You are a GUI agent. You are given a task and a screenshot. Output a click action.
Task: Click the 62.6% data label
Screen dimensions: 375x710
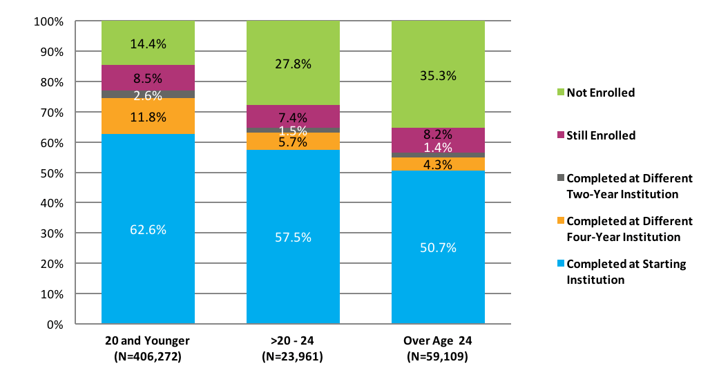[x=148, y=230]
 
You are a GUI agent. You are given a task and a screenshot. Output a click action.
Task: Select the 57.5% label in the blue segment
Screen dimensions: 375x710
[x=293, y=237]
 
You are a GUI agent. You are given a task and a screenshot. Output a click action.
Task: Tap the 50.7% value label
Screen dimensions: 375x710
[x=438, y=247]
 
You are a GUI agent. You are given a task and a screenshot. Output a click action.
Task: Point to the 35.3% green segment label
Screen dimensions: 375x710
[x=438, y=76]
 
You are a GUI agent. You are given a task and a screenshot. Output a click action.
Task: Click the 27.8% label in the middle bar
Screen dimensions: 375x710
[x=293, y=64]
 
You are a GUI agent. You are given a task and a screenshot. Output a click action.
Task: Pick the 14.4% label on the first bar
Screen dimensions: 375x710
[x=148, y=44]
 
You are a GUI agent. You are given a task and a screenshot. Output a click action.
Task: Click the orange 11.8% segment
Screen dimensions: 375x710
[x=148, y=117]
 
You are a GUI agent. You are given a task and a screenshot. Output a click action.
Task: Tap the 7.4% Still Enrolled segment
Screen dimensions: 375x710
[x=293, y=117]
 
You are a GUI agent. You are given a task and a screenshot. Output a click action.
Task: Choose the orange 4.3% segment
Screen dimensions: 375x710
[x=438, y=165]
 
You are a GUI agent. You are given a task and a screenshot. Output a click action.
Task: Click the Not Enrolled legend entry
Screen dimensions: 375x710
[x=600, y=93]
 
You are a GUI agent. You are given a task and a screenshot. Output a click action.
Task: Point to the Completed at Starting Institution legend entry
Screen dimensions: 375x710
[x=626, y=272]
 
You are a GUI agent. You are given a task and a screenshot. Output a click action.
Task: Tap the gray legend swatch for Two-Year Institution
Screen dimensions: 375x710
[x=561, y=178]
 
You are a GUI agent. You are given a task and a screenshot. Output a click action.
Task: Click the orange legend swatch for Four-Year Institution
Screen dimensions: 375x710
[x=561, y=221]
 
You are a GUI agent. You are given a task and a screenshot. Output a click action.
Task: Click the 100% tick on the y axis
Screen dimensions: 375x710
[x=48, y=21]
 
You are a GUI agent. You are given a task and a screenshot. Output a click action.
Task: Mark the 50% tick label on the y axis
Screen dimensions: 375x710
[x=51, y=173]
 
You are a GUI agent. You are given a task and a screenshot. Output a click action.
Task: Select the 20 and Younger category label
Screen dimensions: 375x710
[x=147, y=341]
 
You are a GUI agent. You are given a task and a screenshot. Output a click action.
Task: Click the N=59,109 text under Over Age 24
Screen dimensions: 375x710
[x=438, y=357]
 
